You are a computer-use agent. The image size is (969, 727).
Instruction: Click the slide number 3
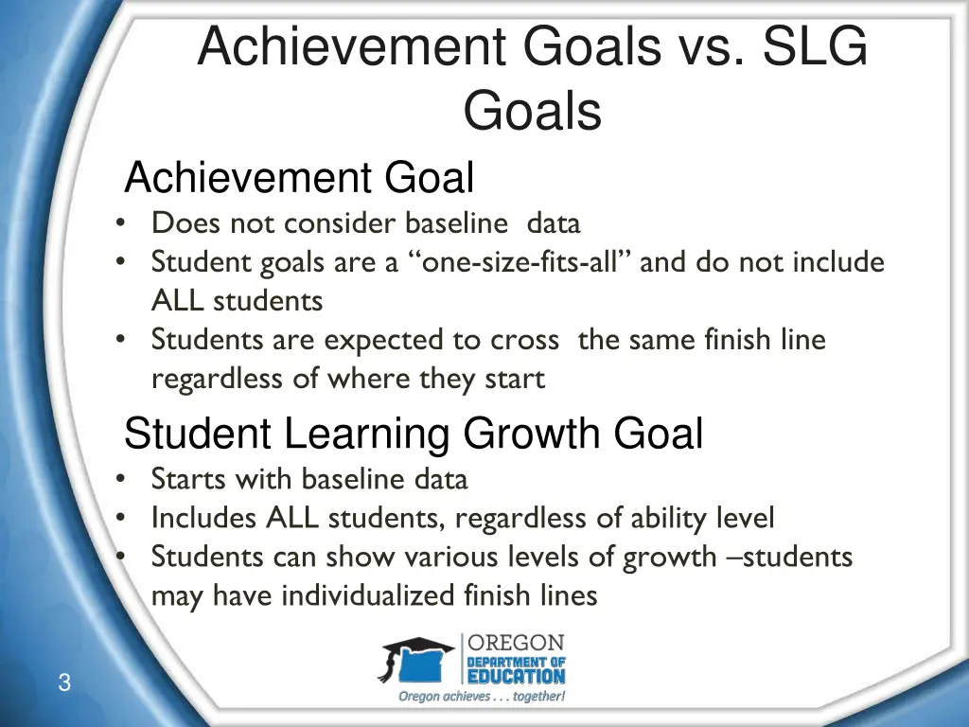tap(63, 683)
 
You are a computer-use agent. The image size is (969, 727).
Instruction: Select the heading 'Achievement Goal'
tap(299, 178)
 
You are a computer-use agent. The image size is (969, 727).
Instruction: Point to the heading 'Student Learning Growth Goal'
tap(414, 434)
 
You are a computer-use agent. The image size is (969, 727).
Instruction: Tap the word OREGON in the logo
tap(517, 643)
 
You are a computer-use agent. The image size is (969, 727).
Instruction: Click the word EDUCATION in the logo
tap(517, 676)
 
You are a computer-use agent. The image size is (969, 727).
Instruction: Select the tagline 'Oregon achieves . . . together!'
tap(482, 697)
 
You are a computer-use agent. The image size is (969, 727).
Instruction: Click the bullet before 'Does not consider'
tap(121, 224)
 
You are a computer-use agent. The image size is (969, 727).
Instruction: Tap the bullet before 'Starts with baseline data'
tap(121, 480)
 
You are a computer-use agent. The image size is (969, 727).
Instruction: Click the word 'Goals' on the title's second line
tap(532, 112)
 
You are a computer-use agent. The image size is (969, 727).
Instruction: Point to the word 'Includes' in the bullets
tap(204, 518)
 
